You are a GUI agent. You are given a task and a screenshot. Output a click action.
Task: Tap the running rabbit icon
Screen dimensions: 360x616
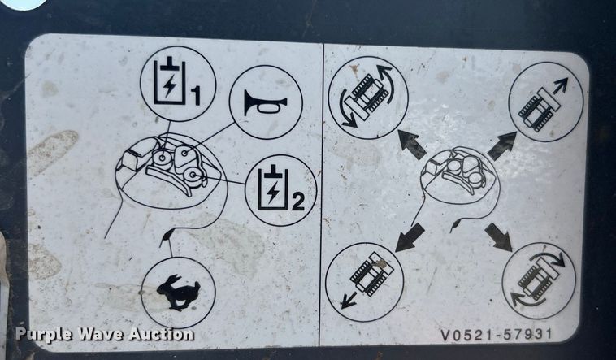click(x=177, y=292)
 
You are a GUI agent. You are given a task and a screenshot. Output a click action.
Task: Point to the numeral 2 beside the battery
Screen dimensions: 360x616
click(x=297, y=201)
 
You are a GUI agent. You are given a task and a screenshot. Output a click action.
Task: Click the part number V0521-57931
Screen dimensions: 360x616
click(x=508, y=333)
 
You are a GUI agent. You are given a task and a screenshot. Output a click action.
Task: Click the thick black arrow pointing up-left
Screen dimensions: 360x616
click(x=412, y=144)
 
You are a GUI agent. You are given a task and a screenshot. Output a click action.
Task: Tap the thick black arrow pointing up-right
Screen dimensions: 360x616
click(x=502, y=145)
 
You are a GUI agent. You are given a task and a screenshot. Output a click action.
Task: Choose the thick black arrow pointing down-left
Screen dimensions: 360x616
click(x=410, y=236)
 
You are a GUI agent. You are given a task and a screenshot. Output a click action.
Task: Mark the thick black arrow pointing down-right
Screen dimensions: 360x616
click(x=498, y=236)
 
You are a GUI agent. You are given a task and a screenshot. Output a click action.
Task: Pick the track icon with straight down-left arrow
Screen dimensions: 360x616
click(x=364, y=281)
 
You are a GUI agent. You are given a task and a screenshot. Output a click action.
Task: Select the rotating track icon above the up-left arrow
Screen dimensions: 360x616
click(x=368, y=97)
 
